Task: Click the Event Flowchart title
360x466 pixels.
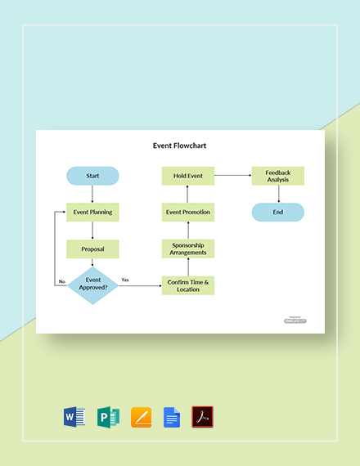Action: [180, 147]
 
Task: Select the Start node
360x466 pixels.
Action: [92, 176]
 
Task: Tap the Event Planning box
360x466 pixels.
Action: [92, 212]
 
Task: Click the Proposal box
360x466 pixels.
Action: [92, 249]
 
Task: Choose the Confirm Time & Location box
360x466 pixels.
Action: [187, 285]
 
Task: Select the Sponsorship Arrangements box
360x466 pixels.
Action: [187, 249]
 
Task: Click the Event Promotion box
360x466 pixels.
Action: [187, 212]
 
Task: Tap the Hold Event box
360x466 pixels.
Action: [187, 176]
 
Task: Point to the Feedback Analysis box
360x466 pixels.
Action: [277, 176]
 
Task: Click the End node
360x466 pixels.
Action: [277, 212]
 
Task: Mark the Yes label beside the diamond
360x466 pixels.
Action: [125, 280]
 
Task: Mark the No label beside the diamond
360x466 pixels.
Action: [61, 281]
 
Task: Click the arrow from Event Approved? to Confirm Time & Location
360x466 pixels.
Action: [139, 286]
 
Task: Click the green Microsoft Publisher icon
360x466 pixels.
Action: [107, 417]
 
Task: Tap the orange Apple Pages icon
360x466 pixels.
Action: [139, 417]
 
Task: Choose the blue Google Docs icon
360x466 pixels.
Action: [171, 417]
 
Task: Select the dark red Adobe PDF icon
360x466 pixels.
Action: [202, 417]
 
